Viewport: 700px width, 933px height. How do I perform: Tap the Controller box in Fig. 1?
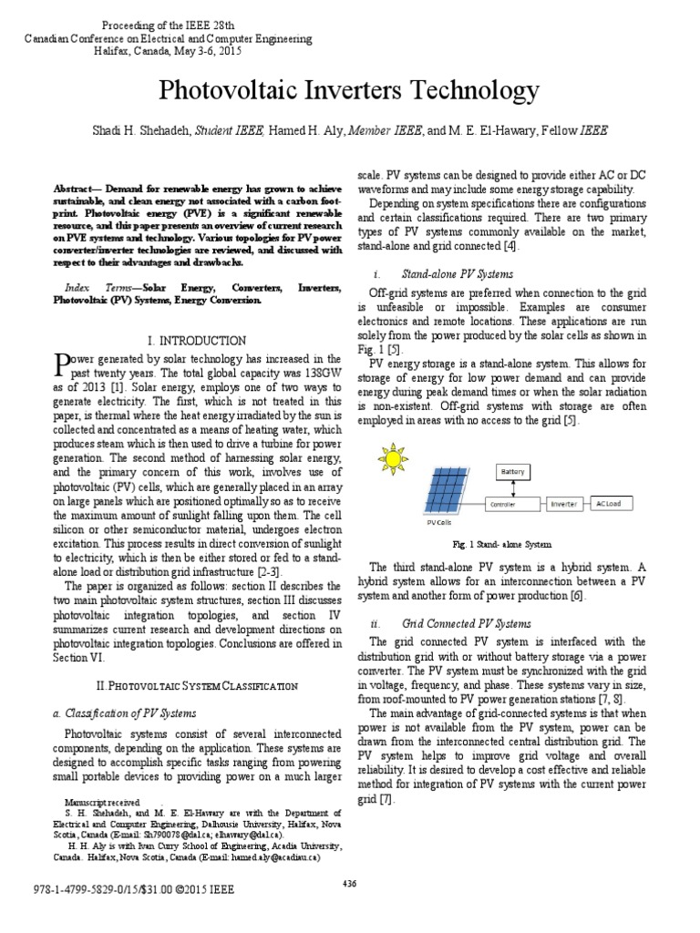503,503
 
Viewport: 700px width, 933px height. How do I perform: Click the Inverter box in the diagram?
563,503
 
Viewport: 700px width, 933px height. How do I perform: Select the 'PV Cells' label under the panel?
439,523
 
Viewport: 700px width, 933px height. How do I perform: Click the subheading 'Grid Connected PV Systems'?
466,623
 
